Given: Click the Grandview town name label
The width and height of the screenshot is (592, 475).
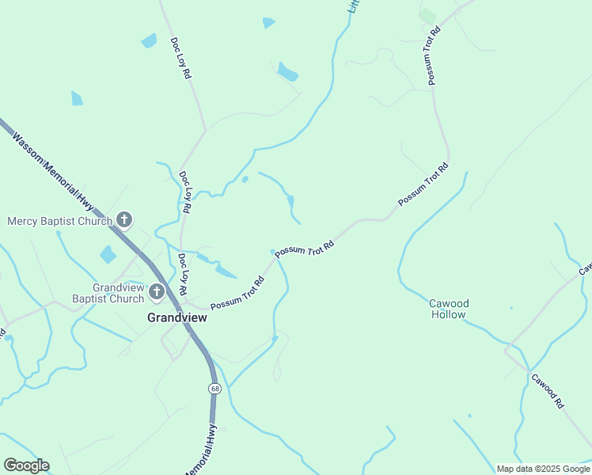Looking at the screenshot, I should pos(177,317).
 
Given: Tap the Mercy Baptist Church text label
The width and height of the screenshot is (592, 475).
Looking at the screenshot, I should pos(59,221).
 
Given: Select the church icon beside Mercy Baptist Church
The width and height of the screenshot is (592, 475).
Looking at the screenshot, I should pos(123,219).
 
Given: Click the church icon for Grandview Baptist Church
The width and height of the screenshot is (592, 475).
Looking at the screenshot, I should pos(157,293).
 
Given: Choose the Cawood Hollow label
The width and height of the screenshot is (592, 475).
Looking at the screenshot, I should pos(450,309).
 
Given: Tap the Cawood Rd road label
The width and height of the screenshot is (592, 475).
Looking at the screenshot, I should pos(547,391).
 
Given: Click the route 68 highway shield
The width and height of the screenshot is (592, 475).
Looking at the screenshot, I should pos(214,389).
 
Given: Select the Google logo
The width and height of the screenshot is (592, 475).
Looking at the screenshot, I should pos(26,465).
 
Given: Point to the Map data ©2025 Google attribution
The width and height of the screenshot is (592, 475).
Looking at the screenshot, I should pos(543,469).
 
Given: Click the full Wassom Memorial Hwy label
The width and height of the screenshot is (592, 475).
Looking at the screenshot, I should pos(53,171).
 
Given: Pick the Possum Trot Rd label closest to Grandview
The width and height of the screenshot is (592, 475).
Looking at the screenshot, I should pos(237,293).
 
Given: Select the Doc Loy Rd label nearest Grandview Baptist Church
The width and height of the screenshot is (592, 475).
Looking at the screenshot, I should pos(184,269).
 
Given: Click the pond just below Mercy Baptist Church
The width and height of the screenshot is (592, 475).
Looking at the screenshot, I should pos(108,254).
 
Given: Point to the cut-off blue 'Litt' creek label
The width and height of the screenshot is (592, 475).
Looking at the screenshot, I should pos(355,6).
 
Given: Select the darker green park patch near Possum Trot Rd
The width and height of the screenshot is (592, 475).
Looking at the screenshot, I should pos(427,16).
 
